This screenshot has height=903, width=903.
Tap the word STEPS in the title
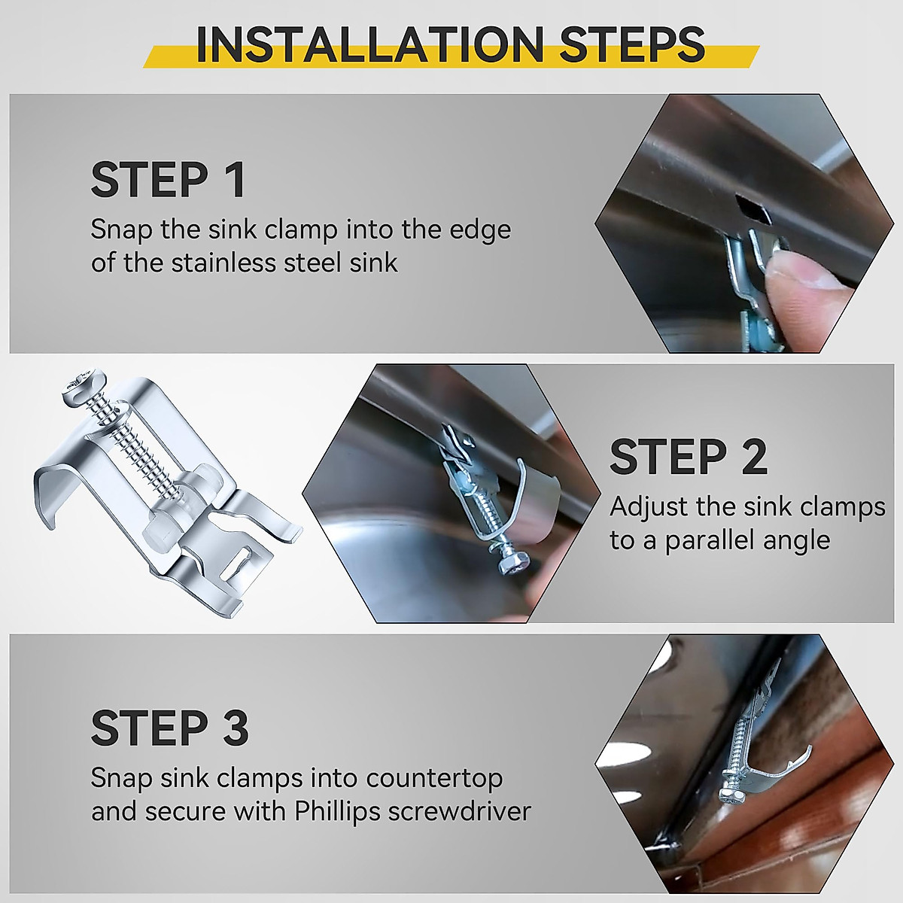(x=631, y=44)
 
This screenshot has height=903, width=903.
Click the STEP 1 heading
(x=167, y=180)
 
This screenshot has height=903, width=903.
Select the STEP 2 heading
(x=689, y=457)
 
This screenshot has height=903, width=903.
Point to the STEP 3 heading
(x=169, y=727)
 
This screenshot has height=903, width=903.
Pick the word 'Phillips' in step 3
(x=336, y=811)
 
